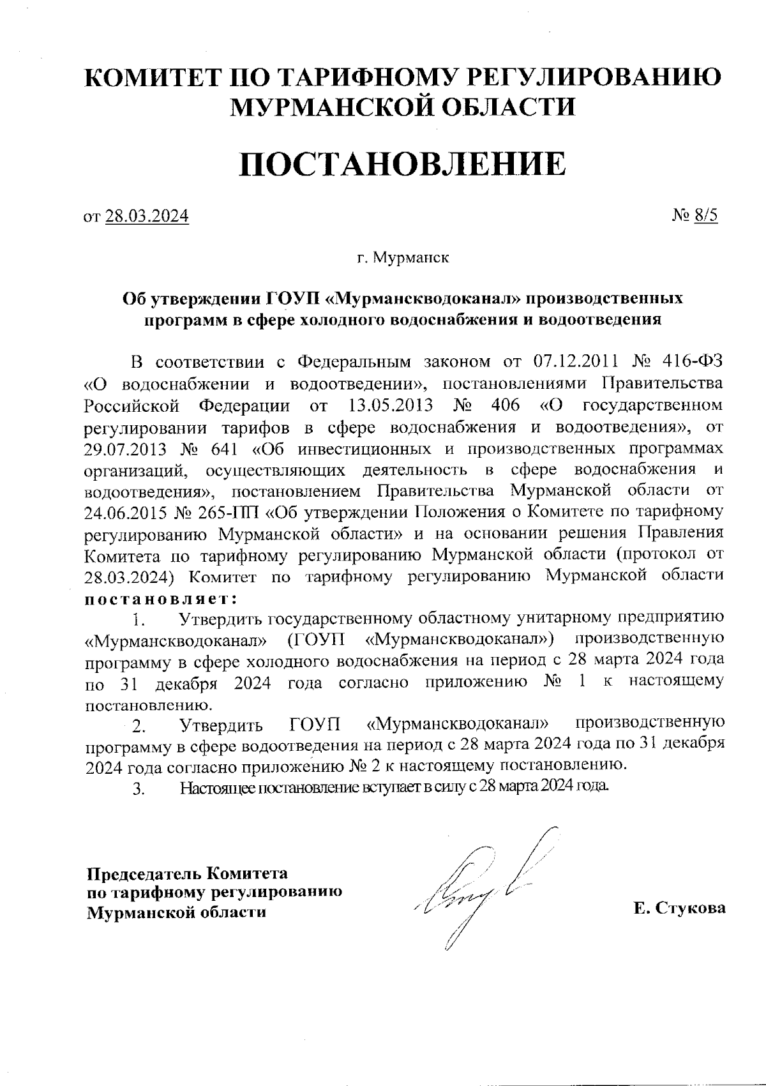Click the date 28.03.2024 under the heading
tap(147, 216)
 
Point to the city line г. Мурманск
tap(402, 259)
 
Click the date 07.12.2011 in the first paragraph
tap(573, 362)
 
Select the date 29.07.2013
tap(125, 448)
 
